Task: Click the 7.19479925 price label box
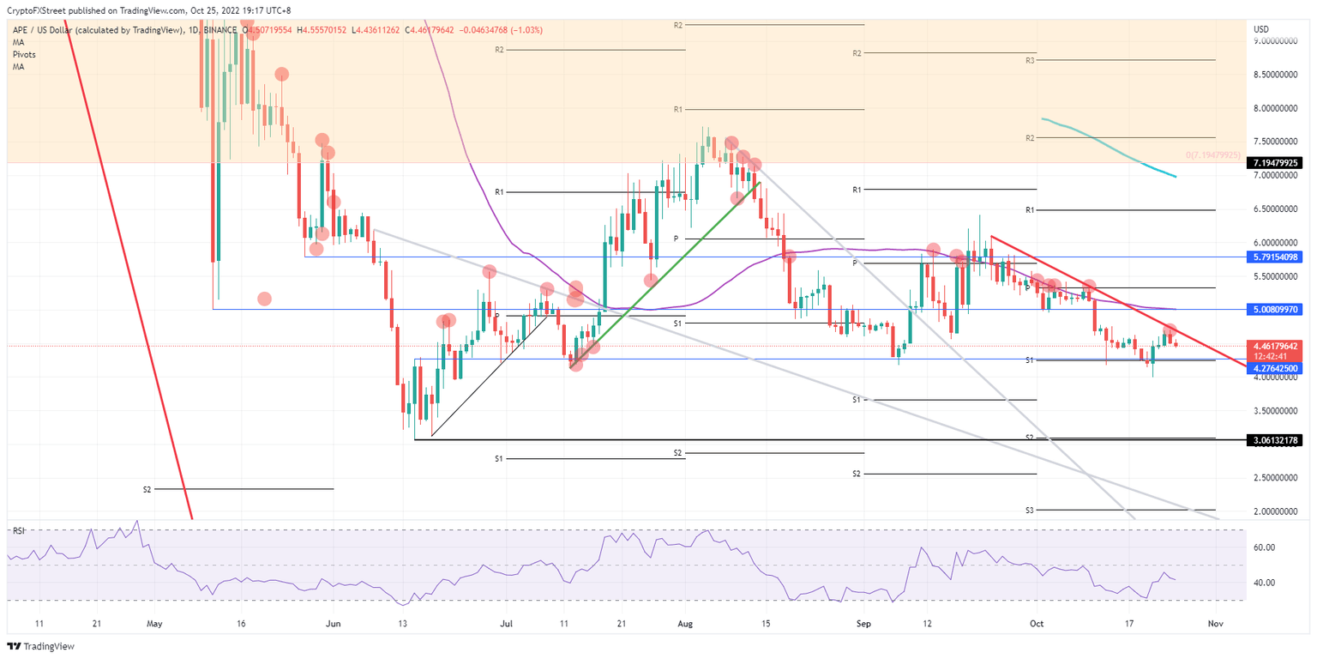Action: (x=1277, y=162)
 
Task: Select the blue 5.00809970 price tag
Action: (x=1277, y=309)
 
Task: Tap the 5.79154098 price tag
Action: (x=1277, y=257)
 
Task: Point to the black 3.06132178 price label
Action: (x=1277, y=440)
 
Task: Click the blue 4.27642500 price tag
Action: (x=1277, y=368)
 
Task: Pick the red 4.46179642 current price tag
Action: (x=1277, y=347)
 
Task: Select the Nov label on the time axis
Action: (x=1214, y=624)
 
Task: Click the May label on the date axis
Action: (x=154, y=624)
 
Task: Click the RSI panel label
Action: (x=17, y=530)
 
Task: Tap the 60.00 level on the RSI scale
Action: (x=1264, y=547)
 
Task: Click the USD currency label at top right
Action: (x=1260, y=29)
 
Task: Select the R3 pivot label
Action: (x=1031, y=61)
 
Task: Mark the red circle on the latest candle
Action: (x=1169, y=330)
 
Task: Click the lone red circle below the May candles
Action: (x=264, y=299)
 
